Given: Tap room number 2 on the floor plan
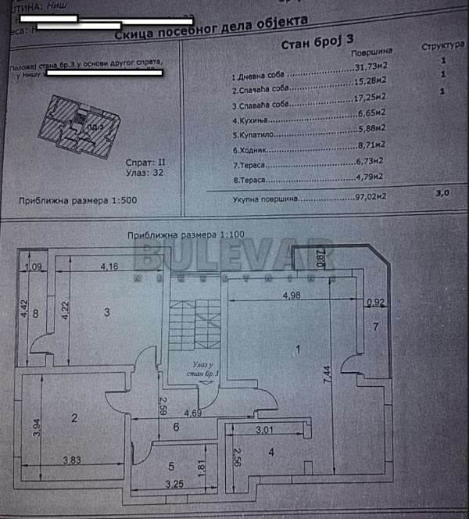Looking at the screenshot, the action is pyautogui.click(x=74, y=418).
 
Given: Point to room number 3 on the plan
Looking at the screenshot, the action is pyautogui.click(x=109, y=313).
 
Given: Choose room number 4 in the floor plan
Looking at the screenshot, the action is pyautogui.click(x=270, y=452).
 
